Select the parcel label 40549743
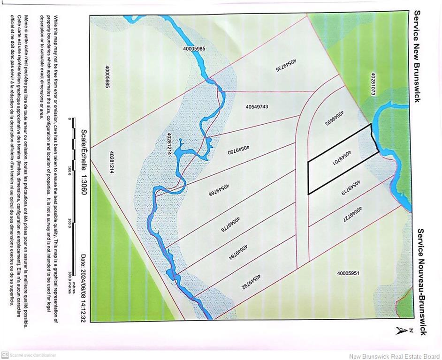[x=257, y=107]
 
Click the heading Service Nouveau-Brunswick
[x=421, y=281]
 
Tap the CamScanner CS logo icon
[x=5, y=355]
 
